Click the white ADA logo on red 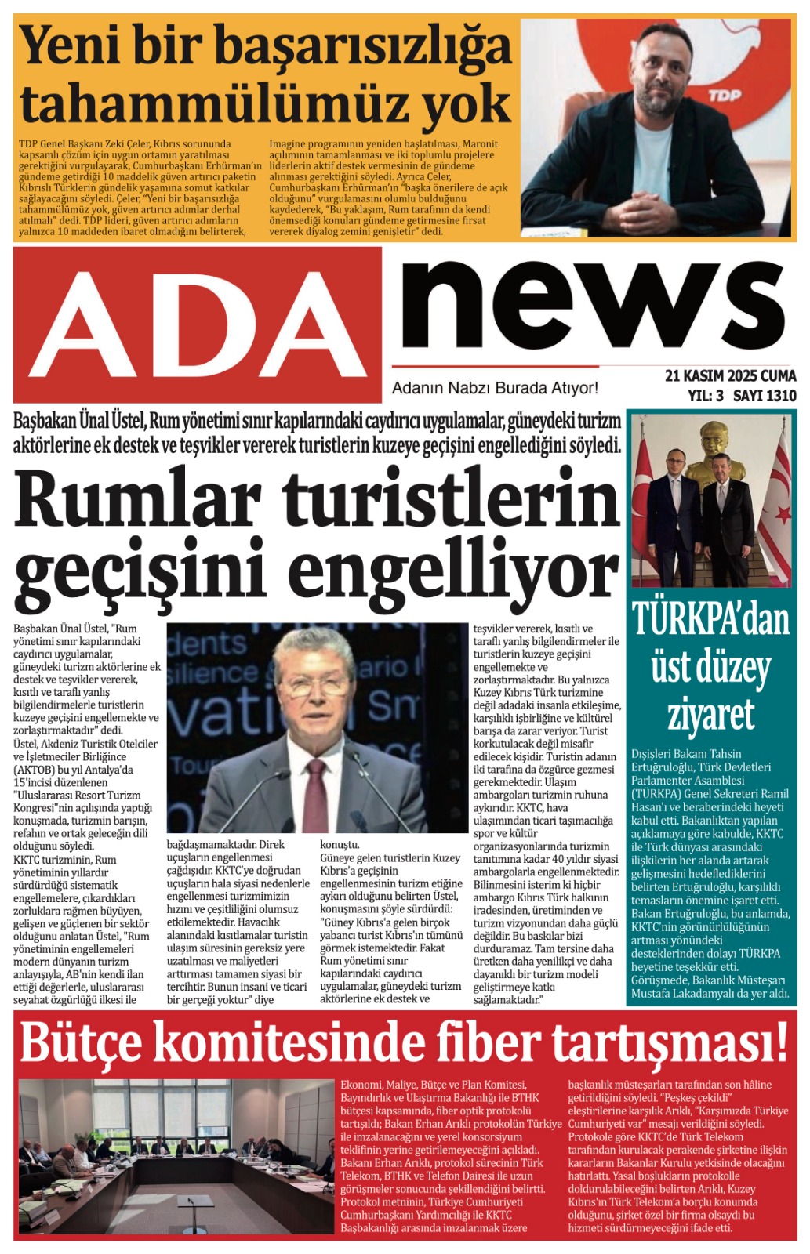(198, 324)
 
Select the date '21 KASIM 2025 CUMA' (730, 376)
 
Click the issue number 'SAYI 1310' (765, 396)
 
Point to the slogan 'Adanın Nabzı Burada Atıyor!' (495, 388)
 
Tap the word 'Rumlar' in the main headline (137, 499)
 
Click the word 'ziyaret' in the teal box (710, 714)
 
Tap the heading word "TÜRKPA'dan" (710, 619)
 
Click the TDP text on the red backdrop (725, 96)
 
